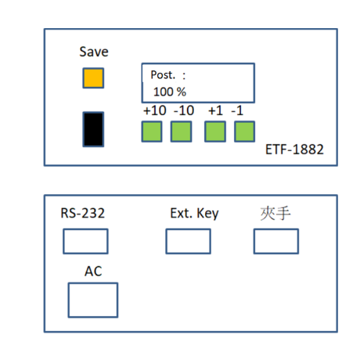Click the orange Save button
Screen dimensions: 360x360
(93, 78)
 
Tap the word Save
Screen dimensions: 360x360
(94, 52)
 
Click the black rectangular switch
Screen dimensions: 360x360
(93, 129)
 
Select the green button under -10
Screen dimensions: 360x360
(182, 131)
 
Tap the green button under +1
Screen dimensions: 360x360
(215, 131)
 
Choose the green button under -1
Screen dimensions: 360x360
(244, 131)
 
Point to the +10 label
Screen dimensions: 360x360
(155, 110)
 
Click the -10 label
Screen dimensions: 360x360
(184, 110)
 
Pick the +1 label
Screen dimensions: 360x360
(215, 110)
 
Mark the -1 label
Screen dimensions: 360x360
(237, 110)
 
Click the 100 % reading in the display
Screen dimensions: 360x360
(170, 92)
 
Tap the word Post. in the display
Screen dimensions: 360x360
(163, 75)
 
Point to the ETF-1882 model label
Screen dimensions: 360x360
(294, 149)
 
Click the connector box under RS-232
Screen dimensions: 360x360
(85, 241)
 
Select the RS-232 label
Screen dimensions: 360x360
(83, 213)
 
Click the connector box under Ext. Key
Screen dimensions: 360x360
(189, 241)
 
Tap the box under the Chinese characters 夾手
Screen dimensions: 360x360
(276, 241)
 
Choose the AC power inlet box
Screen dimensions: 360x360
(93, 300)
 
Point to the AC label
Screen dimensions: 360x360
(93, 272)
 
